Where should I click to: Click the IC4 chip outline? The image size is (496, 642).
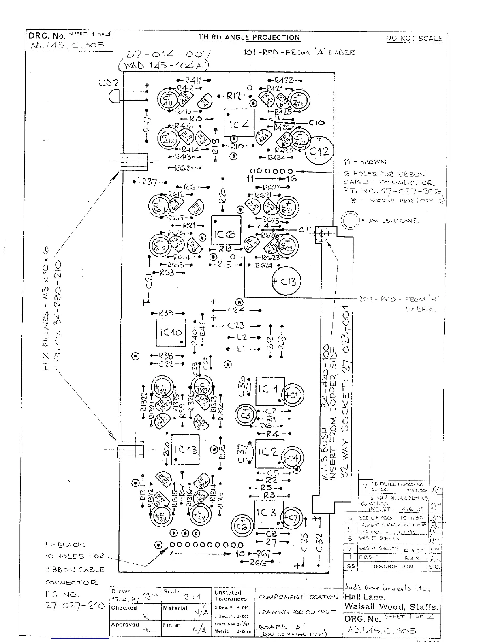click(x=239, y=123)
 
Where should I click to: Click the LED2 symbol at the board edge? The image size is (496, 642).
click(x=115, y=96)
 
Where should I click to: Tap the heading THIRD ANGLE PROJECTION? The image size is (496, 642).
click(x=249, y=38)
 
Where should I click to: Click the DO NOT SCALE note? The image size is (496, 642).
click(x=414, y=39)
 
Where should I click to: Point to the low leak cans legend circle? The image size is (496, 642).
click(x=350, y=221)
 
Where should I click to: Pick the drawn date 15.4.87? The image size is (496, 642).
click(x=124, y=599)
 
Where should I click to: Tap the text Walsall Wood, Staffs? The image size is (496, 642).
click(x=391, y=607)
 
